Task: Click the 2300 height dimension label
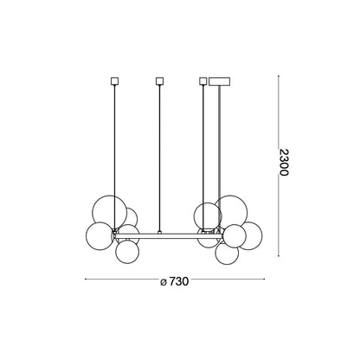click(284, 163)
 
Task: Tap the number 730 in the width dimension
click(178, 281)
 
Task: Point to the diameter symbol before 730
click(164, 282)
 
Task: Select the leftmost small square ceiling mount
click(115, 81)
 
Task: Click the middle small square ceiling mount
click(159, 81)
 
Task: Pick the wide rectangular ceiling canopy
click(220, 81)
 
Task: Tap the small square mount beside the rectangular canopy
click(203, 81)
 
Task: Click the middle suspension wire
click(159, 158)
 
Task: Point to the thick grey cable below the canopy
click(220, 141)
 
